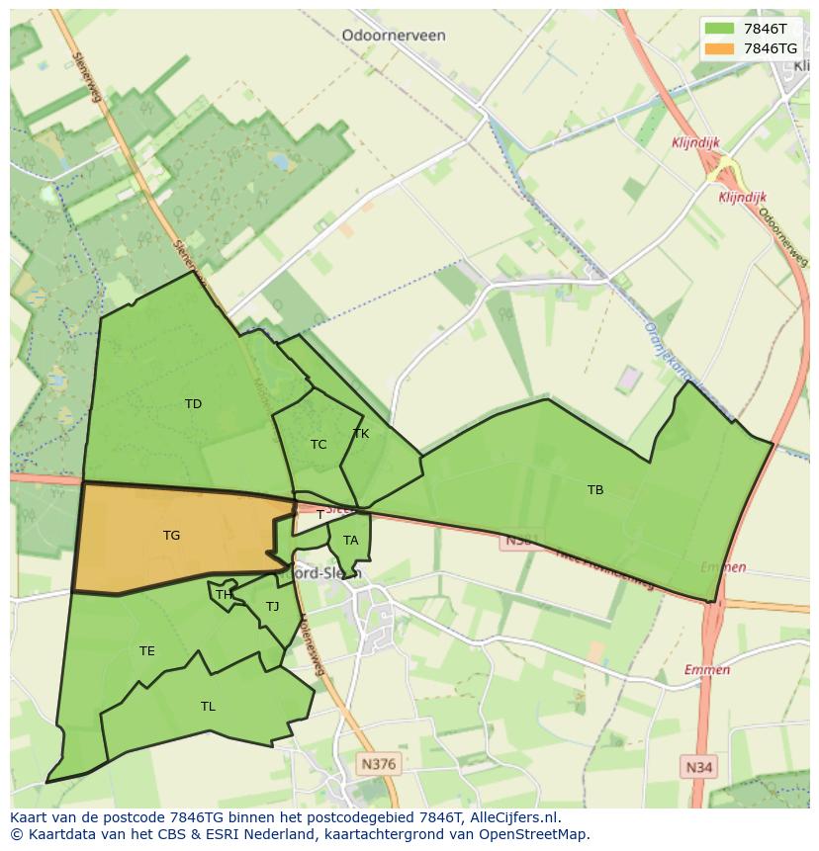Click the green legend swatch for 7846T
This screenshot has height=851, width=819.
pyautogui.click(x=719, y=29)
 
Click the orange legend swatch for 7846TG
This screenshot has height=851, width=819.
pyautogui.click(x=719, y=48)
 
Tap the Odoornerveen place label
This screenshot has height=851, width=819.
pyautogui.click(x=394, y=36)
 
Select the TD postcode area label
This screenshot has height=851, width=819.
pyautogui.click(x=193, y=403)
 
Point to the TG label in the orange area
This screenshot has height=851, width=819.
pyautogui.click(x=171, y=536)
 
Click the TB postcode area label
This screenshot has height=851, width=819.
pyautogui.click(x=595, y=489)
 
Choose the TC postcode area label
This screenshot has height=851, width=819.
pyautogui.click(x=318, y=445)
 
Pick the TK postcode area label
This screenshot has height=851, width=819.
pyautogui.click(x=361, y=434)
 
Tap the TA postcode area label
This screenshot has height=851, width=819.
pyautogui.click(x=350, y=541)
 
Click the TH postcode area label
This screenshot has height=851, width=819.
pyautogui.click(x=225, y=594)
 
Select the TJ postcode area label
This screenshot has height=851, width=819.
pyautogui.click(x=272, y=607)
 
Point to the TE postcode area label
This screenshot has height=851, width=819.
pyautogui.click(x=147, y=650)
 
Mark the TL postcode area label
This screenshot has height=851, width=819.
pyautogui.click(x=208, y=706)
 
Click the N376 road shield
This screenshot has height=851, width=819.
pyautogui.click(x=378, y=764)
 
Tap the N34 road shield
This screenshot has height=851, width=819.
pyautogui.click(x=698, y=766)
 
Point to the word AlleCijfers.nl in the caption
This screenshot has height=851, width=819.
pyautogui.click(x=514, y=817)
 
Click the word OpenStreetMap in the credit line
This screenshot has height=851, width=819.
pyautogui.click(x=532, y=834)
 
